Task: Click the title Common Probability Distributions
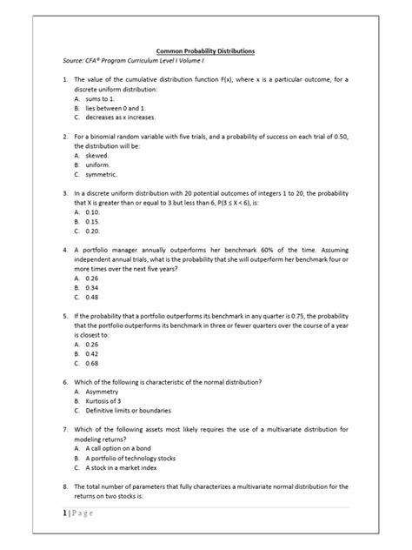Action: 205,53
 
